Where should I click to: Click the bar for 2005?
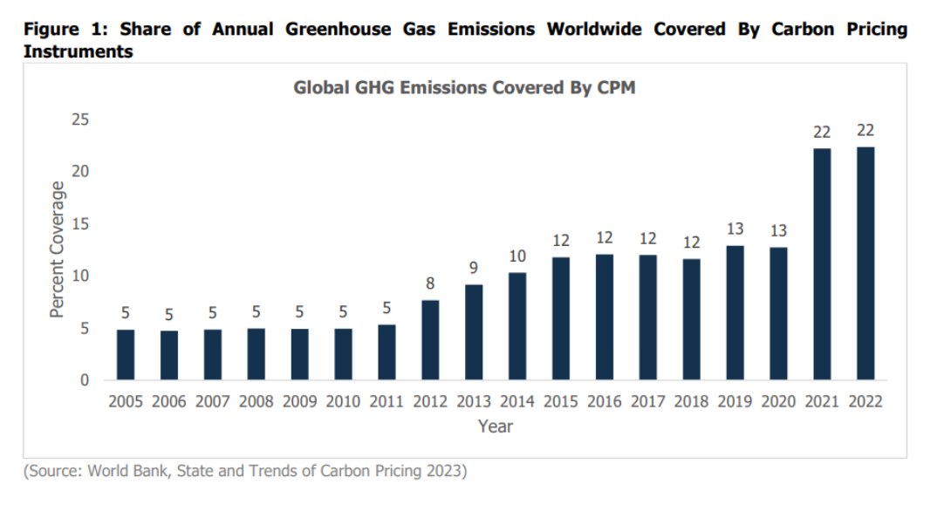pos(126,355)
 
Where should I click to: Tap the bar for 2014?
pos(517,326)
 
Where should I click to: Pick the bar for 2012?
pos(430,340)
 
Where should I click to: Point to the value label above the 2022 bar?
pos(865,131)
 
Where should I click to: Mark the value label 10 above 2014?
pos(517,256)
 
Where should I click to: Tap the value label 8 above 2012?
pos(430,283)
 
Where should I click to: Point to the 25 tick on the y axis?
pos(82,119)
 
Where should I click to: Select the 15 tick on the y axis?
pos(82,224)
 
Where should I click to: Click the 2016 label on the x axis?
pos(605,402)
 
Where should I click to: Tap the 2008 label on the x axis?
pos(257,402)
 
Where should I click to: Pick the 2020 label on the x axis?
pos(779,402)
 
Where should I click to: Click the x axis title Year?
pos(496,427)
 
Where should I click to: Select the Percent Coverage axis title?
pos(58,249)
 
